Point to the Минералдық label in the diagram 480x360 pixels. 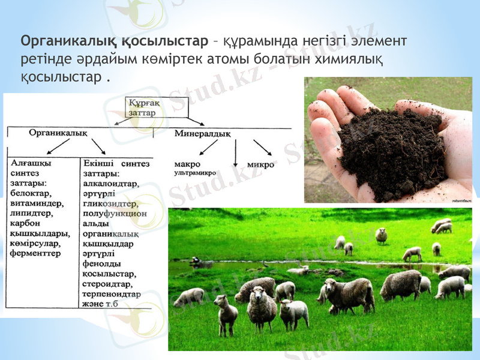(202, 134)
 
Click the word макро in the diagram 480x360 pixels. (187, 164)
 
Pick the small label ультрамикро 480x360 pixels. (194, 173)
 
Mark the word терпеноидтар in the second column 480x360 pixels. (112, 294)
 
